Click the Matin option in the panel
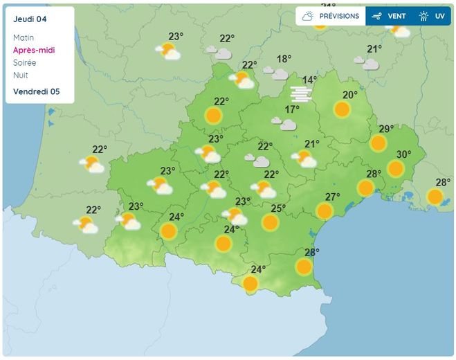click(23, 37)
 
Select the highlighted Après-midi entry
click(33, 50)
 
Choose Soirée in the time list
click(24, 62)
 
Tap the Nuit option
click(20, 75)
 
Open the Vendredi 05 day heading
click(36, 91)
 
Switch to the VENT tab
click(389, 16)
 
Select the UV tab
click(432, 16)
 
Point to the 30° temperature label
click(403, 154)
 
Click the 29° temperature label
click(386, 129)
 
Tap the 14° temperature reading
click(309, 80)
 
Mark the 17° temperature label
click(292, 109)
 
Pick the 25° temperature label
click(278, 208)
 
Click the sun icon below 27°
click(325, 211)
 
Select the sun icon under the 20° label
click(342, 109)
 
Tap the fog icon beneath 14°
click(301, 93)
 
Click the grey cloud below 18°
click(280, 73)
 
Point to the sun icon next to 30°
click(396, 168)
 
